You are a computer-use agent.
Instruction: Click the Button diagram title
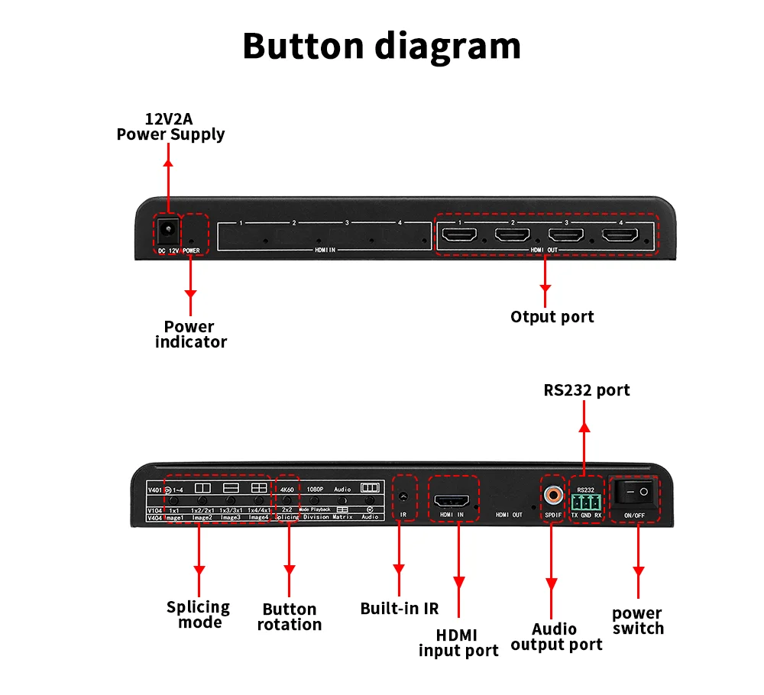click(381, 46)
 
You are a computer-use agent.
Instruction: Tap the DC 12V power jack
click(168, 228)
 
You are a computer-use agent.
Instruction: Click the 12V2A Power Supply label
click(170, 127)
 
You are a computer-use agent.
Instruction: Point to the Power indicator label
click(190, 335)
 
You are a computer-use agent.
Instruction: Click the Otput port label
click(552, 316)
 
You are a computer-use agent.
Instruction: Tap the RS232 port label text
click(587, 390)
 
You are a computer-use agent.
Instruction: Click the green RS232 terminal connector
click(586, 502)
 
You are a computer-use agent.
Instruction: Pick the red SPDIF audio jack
click(552, 496)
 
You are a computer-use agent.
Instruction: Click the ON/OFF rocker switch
click(635, 493)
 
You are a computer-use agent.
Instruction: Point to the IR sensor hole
click(403, 496)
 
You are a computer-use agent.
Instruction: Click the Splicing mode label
click(198, 614)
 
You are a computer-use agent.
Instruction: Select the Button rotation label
click(289, 616)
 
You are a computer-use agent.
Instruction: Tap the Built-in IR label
click(400, 609)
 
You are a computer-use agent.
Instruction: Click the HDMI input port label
click(458, 642)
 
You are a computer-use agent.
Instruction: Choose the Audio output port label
click(556, 637)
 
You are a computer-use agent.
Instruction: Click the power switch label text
click(638, 620)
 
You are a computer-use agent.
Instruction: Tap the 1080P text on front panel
click(316, 489)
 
